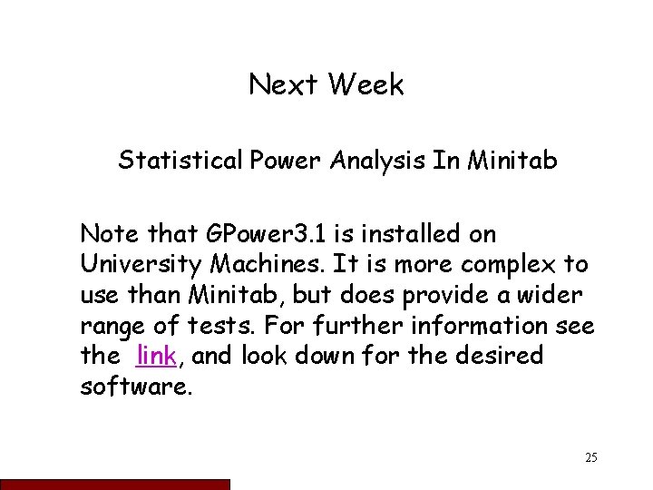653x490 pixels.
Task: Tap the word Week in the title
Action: point(366,86)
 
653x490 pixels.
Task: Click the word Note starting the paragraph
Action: point(107,234)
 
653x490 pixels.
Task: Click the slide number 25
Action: point(590,457)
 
